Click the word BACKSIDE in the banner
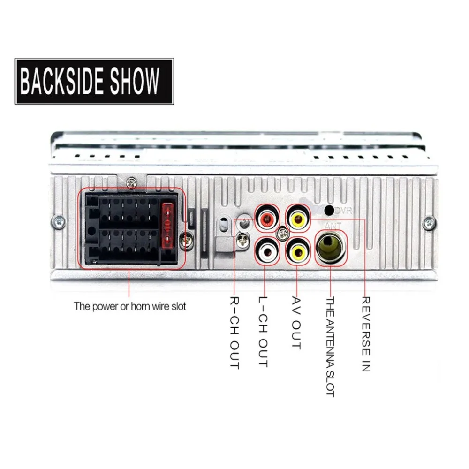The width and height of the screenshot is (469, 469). (x=62, y=81)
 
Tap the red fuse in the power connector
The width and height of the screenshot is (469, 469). (x=167, y=226)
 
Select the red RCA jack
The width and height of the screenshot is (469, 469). (x=267, y=219)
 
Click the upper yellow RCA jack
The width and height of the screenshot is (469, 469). (x=298, y=219)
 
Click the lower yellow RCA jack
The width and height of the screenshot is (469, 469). (x=298, y=252)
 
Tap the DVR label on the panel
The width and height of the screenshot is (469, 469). (x=343, y=211)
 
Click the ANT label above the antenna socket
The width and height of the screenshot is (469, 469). (x=333, y=226)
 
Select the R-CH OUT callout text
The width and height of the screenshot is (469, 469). (x=234, y=333)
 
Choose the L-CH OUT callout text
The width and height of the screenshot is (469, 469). (x=263, y=332)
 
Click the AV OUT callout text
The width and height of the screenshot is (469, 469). (x=296, y=323)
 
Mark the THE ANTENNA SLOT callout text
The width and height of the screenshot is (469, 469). (x=330, y=347)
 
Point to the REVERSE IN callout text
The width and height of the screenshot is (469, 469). (x=366, y=334)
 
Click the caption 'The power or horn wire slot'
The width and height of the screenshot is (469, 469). (x=130, y=306)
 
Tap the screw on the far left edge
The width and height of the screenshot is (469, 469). (x=59, y=222)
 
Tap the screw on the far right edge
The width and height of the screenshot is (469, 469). (x=429, y=223)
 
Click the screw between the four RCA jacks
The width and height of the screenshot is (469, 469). (x=283, y=234)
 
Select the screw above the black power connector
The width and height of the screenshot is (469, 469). (x=131, y=182)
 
